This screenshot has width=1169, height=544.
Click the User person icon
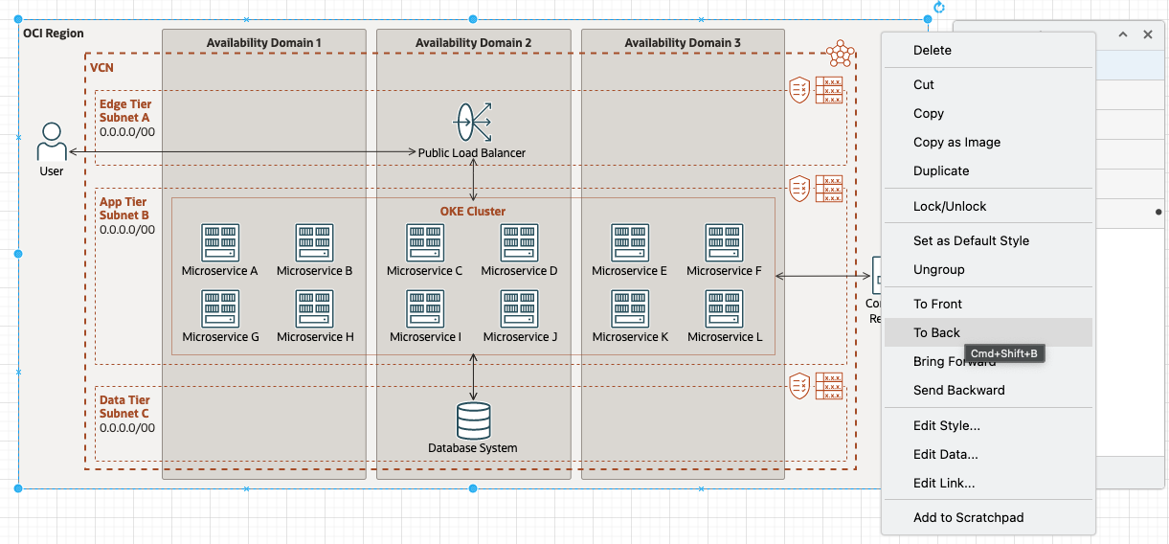coord(51,142)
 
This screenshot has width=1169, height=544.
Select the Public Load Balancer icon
coord(472,123)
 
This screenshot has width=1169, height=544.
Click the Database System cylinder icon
coord(473,420)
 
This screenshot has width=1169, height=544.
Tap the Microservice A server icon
coord(219,243)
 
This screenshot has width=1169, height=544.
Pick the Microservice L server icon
coord(725,309)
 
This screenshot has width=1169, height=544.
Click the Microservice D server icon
coord(519,243)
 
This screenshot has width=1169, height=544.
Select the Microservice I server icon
coord(425,309)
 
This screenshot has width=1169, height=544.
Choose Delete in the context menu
coord(932,50)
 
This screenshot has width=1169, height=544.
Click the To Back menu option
coord(936,332)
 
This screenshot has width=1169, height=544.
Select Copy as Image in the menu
coord(956,142)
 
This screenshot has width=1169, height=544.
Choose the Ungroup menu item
coord(938,269)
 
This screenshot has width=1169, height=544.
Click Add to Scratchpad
coord(968,517)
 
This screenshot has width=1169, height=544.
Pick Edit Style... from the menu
coord(946,425)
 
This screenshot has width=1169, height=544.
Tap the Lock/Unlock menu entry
coord(949,206)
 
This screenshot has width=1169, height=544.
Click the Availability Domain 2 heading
coord(473,43)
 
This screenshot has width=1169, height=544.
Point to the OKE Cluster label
coord(473,211)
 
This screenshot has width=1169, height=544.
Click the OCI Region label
coord(53,34)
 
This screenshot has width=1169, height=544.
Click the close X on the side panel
coord(1148,34)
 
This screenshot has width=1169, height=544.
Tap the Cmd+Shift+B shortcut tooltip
coord(1003,353)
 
